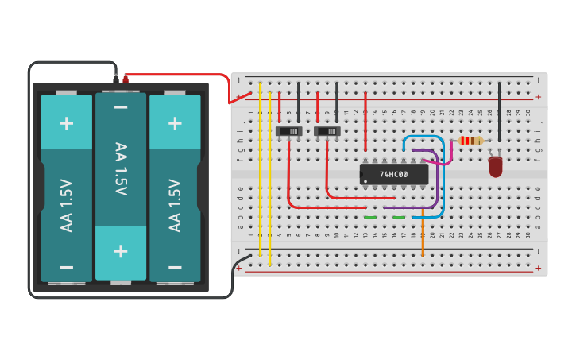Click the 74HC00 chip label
click(393, 174)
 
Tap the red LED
click(496, 166)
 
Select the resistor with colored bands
click(471, 141)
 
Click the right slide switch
click(327, 130)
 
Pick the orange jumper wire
click(423, 238)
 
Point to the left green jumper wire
click(370, 217)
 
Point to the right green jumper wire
click(399, 217)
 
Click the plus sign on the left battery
click(67, 122)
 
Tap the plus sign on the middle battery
click(121, 251)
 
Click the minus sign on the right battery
click(175, 267)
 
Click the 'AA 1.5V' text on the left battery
click(67, 205)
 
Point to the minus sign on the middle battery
click(121, 107)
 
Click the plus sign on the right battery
click(175, 122)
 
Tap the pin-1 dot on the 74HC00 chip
click(365, 180)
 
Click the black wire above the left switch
click(299, 101)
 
